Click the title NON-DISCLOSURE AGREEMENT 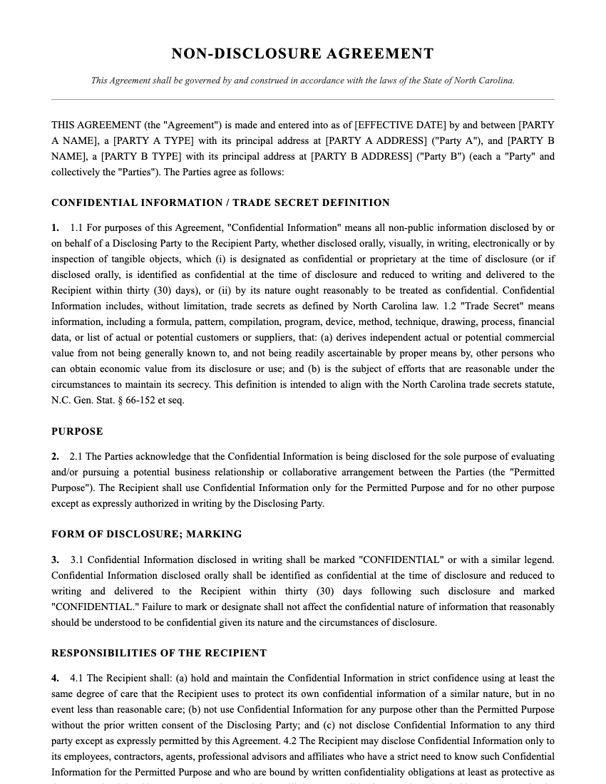(302, 54)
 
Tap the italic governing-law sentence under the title (302, 81)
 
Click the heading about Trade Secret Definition (220, 202)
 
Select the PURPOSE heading (77, 431)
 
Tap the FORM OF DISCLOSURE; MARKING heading (146, 534)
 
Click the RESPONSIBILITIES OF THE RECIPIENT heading (159, 653)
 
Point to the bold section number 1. (55, 228)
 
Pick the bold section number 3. (55, 559)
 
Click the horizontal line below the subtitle (302, 99)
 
